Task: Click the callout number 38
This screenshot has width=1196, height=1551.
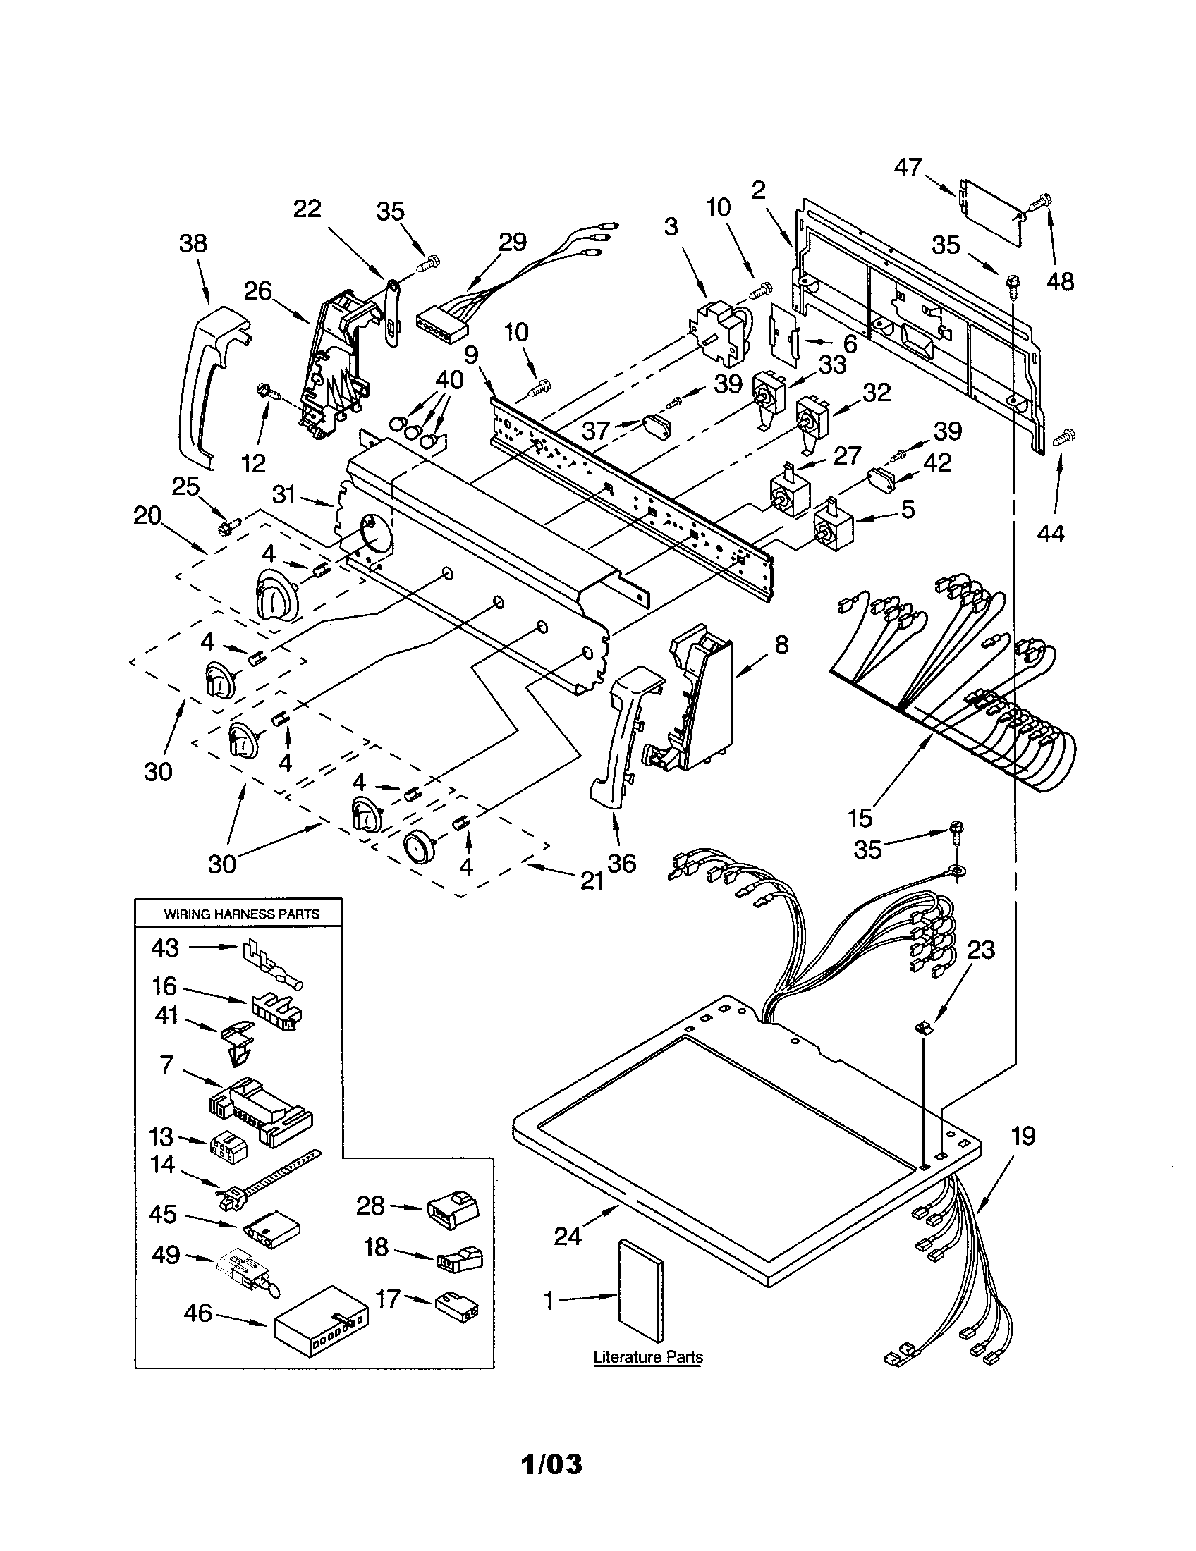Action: pyautogui.click(x=193, y=243)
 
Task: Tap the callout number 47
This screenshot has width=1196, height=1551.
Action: pyautogui.click(x=908, y=168)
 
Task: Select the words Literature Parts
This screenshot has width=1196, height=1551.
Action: pyautogui.click(x=647, y=1357)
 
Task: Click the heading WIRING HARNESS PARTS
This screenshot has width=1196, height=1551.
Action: pyautogui.click(x=241, y=914)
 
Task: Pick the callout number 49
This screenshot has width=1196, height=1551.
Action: pyautogui.click(x=166, y=1256)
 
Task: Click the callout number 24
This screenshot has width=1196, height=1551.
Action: pyautogui.click(x=568, y=1237)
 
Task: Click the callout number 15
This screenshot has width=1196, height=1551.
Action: pyautogui.click(x=860, y=818)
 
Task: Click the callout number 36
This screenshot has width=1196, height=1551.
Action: pyautogui.click(x=621, y=863)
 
